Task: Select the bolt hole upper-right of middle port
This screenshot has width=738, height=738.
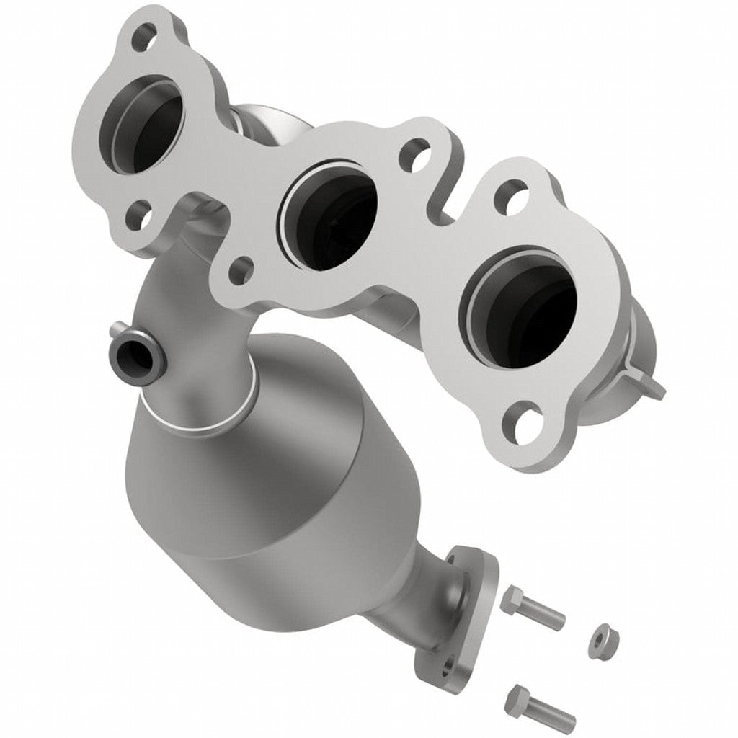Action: (x=413, y=154)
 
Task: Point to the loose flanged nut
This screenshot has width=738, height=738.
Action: (x=600, y=639)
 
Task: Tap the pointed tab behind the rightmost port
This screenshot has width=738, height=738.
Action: (x=652, y=386)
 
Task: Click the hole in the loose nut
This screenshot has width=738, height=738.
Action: (x=600, y=638)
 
